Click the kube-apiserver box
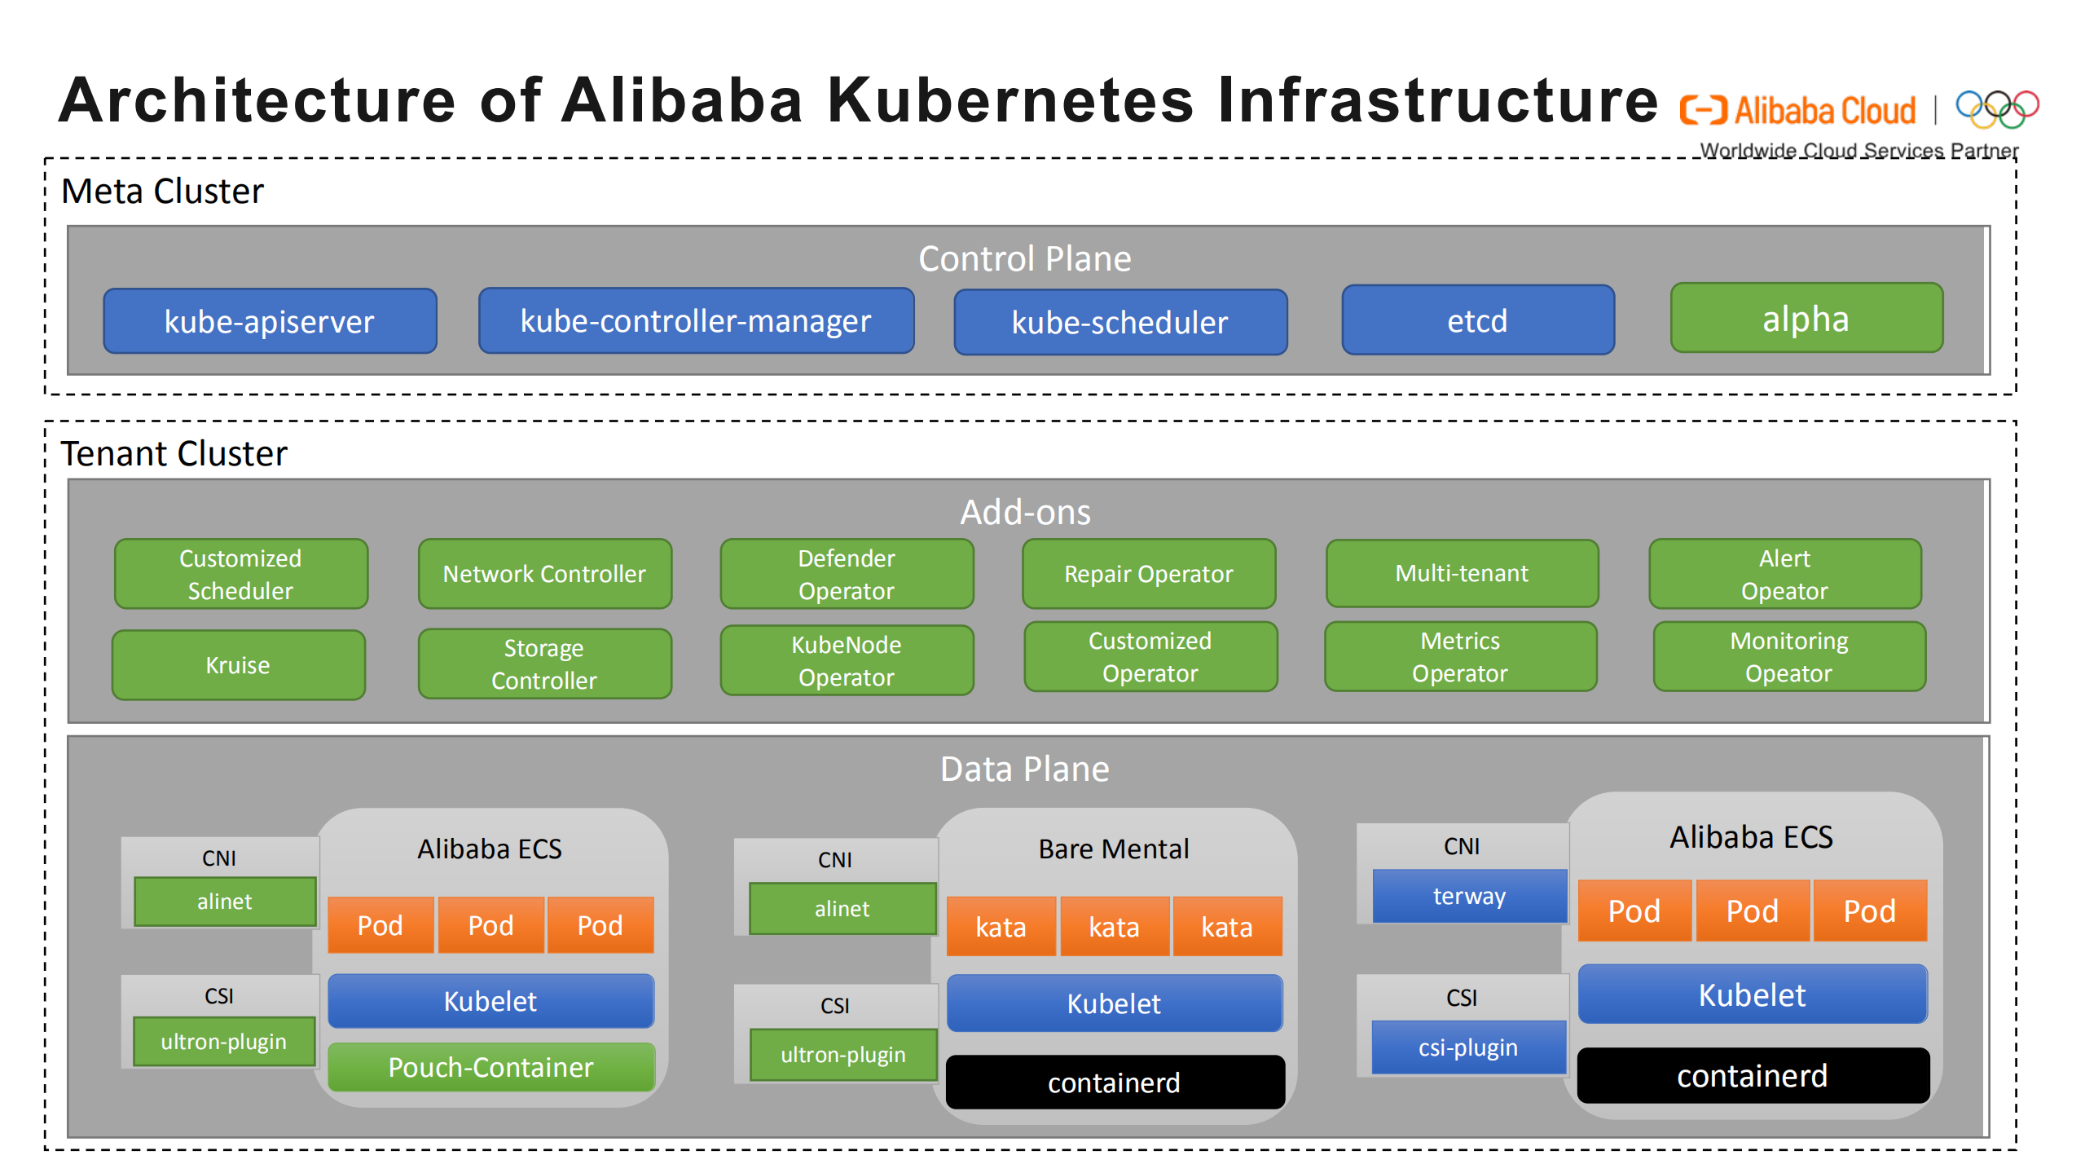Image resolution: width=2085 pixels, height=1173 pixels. pyautogui.click(x=270, y=321)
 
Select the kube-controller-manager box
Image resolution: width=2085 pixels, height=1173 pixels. pyautogui.click(x=696, y=320)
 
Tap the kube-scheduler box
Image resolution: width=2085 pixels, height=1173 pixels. pyautogui.click(x=1119, y=322)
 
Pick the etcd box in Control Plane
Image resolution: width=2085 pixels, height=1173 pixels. pyautogui.click(x=1477, y=320)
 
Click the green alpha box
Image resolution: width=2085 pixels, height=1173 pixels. pyautogui.click(x=1806, y=318)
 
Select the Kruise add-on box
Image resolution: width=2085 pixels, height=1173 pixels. pyautogui.click(x=238, y=664)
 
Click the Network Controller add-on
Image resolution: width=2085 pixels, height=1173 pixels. pyautogui.click(x=544, y=573)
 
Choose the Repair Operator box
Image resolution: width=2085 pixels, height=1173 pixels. pyautogui.click(x=1148, y=573)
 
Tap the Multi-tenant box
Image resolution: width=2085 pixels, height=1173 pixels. pyautogui.click(x=1462, y=572)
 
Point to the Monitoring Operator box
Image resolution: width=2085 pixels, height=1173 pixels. pyautogui.click(x=1788, y=656)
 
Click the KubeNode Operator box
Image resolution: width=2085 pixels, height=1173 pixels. pyautogui.click(x=847, y=660)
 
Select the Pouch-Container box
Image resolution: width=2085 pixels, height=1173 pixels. pyautogui.click(x=490, y=1066)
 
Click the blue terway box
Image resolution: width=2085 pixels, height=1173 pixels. pyautogui.click(x=1469, y=896)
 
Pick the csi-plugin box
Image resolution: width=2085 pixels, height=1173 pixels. pyautogui.click(x=1468, y=1047)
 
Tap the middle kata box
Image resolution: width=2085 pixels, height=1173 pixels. pyautogui.click(x=1114, y=926)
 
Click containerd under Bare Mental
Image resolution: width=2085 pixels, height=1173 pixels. pyautogui.click(x=1114, y=1082)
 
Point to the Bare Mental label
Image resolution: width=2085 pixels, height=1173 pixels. pyautogui.click(x=1113, y=849)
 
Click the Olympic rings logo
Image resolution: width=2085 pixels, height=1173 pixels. pyautogui.click(x=1996, y=108)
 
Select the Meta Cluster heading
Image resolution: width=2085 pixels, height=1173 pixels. pyautogui.click(x=162, y=191)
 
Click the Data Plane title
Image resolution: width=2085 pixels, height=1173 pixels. pyautogui.click(x=1024, y=768)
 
